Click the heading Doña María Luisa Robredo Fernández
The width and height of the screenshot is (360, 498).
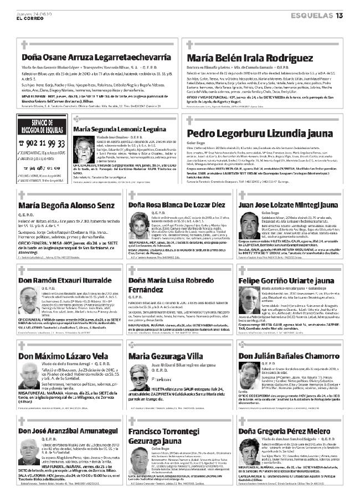pyautogui.click(x=173, y=286)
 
